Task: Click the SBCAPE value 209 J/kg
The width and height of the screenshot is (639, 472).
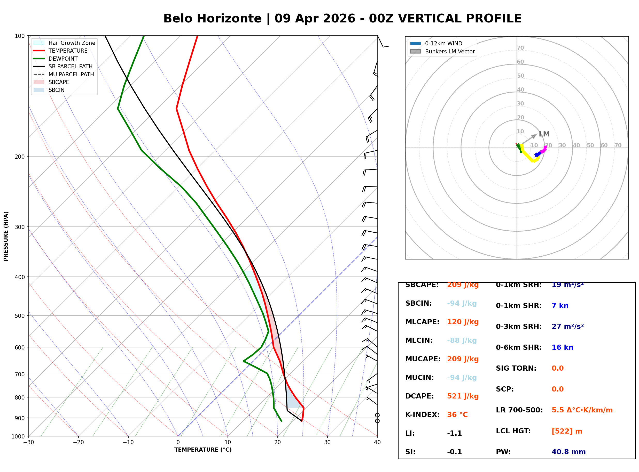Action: (463, 285)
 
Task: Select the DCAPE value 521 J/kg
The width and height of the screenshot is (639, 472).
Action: (463, 396)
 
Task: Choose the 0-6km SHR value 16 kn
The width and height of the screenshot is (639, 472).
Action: (562, 347)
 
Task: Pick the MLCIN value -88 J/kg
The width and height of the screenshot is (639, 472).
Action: (462, 340)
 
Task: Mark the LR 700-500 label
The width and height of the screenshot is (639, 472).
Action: (519, 410)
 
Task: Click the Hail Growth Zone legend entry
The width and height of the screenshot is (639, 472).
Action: (72, 43)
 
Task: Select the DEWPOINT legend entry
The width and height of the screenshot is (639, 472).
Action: (63, 59)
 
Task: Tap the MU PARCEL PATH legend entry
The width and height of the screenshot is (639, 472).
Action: (71, 75)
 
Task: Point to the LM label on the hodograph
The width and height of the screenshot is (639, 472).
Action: (544, 134)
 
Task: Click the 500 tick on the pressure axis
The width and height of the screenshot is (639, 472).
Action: (19, 316)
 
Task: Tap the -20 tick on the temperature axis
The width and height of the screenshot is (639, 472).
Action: (78, 442)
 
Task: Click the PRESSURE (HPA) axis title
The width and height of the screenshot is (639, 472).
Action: (6, 236)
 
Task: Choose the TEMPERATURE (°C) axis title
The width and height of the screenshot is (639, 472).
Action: (203, 450)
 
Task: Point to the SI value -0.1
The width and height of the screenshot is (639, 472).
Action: (454, 452)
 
